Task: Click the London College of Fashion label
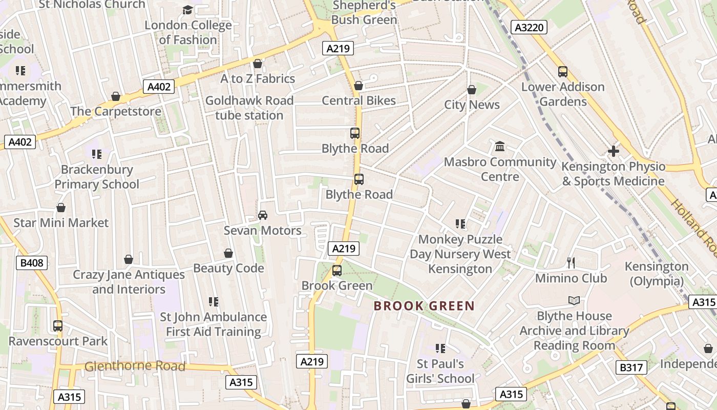[188, 32]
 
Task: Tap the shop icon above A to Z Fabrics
[258, 64]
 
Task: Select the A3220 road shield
[530, 27]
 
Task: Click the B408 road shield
[32, 263]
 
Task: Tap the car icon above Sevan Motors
[263, 215]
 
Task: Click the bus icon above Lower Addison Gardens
[563, 72]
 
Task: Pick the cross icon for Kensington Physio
[613, 151]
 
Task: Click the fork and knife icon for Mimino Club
[571, 263]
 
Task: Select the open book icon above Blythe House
[574, 301]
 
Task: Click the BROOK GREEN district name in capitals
[424, 306]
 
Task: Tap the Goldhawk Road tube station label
[249, 108]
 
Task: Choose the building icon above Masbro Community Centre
[500, 147]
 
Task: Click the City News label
[472, 105]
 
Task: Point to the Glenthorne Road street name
[135, 366]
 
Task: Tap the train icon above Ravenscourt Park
[58, 326]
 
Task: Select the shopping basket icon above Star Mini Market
[61, 208]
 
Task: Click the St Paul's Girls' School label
[440, 371]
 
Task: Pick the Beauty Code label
[228, 268]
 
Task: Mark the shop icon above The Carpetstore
[116, 96]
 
